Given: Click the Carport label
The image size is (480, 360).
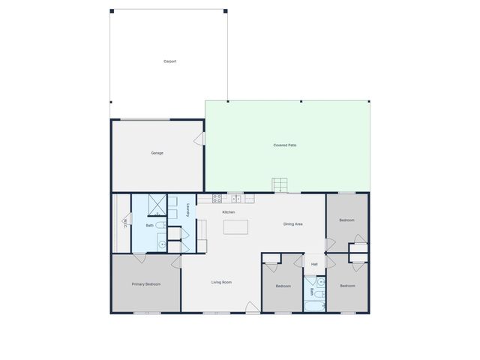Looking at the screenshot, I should click(x=170, y=61).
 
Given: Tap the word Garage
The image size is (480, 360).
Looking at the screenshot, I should click(x=157, y=153).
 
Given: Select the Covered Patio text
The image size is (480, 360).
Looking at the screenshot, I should click(x=284, y=145).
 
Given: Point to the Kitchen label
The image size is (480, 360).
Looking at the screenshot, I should click(x=229, y=212).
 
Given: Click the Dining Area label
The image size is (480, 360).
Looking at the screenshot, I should click(x=292, y=224).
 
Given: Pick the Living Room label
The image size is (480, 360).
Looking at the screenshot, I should click(x=221, y=282).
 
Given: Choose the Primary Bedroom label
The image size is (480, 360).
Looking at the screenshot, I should click(x=146, y=284).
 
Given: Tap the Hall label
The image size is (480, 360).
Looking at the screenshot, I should click(x=314, y=264).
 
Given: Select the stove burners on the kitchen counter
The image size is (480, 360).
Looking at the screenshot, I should click(x=217, y=199).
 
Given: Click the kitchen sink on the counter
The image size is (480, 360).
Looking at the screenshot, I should click(x=235, y=199).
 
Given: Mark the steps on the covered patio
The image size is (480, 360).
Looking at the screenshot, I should click(x=280, y=184).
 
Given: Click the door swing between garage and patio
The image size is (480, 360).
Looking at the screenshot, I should click(x=200, y=139).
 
